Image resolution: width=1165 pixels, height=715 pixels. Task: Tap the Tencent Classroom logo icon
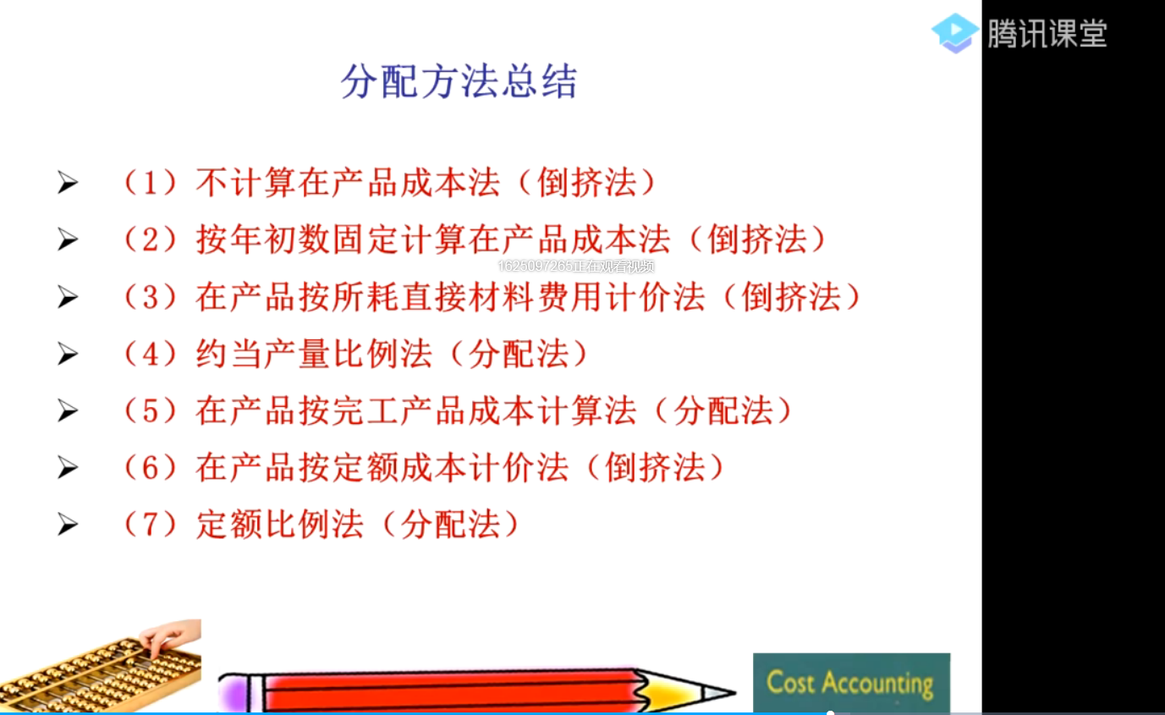(x=955, y=33)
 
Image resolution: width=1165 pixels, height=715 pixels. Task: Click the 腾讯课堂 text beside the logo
(x=1047, y=34)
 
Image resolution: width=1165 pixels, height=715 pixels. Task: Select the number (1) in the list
(x=150, y=184)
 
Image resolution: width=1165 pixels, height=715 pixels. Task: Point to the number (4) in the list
(x=150, y=354)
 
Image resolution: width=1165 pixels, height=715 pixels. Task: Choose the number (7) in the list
(x=150, y=525)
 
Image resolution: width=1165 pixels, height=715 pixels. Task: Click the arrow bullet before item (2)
(x=68, y=240)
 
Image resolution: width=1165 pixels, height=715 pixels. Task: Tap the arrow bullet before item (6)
(x=68, y=468)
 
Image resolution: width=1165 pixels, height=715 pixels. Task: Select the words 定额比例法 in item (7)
(x=279, y=525)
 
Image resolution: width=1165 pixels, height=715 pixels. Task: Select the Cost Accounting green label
(x=850, y=683)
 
